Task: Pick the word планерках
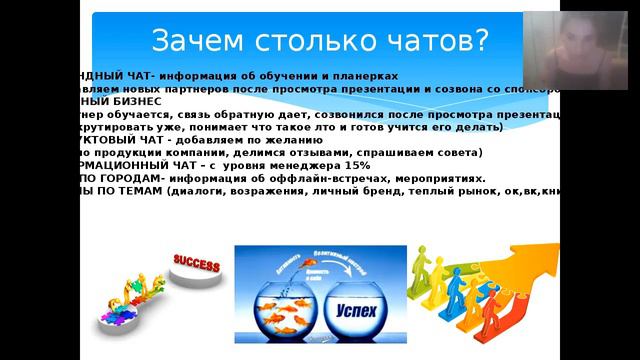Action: click(364, 76)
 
